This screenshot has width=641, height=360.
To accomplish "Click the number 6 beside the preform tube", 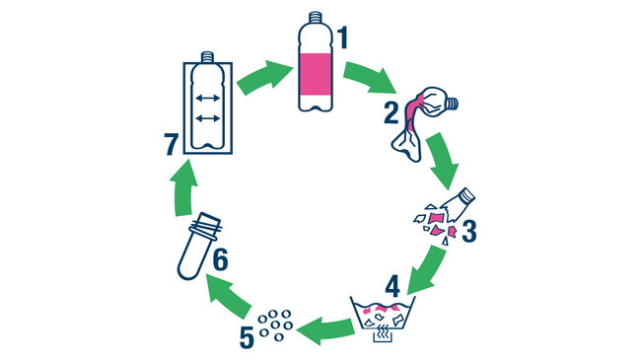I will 220,260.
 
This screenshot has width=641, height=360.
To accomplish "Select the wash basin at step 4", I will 385,314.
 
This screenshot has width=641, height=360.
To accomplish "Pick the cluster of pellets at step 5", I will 275,322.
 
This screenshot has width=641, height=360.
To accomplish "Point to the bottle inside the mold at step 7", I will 207,105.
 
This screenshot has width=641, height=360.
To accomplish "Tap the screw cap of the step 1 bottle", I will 316,17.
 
